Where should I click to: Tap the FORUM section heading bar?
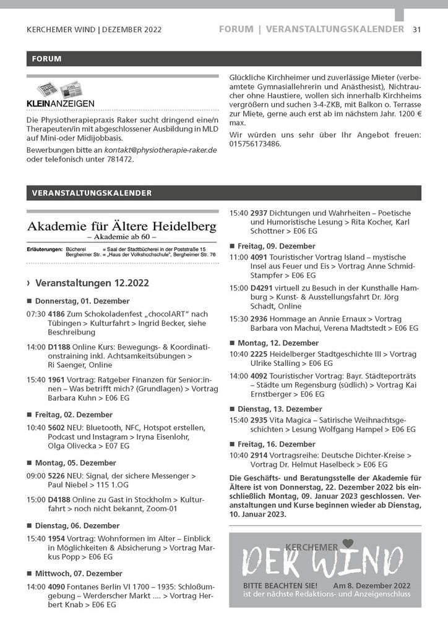click(x=223, y=59)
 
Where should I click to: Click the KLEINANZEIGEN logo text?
click(x=60, y=103)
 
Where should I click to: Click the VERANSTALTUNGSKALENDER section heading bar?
click(x=223, y=193)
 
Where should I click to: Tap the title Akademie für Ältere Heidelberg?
click(x=121, y=222)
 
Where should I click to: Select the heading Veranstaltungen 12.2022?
click(x=92, y=283)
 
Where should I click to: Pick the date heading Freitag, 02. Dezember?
click(x=74, y=414)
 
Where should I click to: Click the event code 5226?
click(x=56, y=476)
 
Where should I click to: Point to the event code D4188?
click(x=59, y=499)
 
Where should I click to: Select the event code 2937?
click(x=259, y=213)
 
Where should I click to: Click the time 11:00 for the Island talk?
click(x=238, y=257)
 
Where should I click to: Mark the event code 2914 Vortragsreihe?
click(x=259, y=455)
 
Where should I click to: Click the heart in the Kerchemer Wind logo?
click(x=348, y=543)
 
